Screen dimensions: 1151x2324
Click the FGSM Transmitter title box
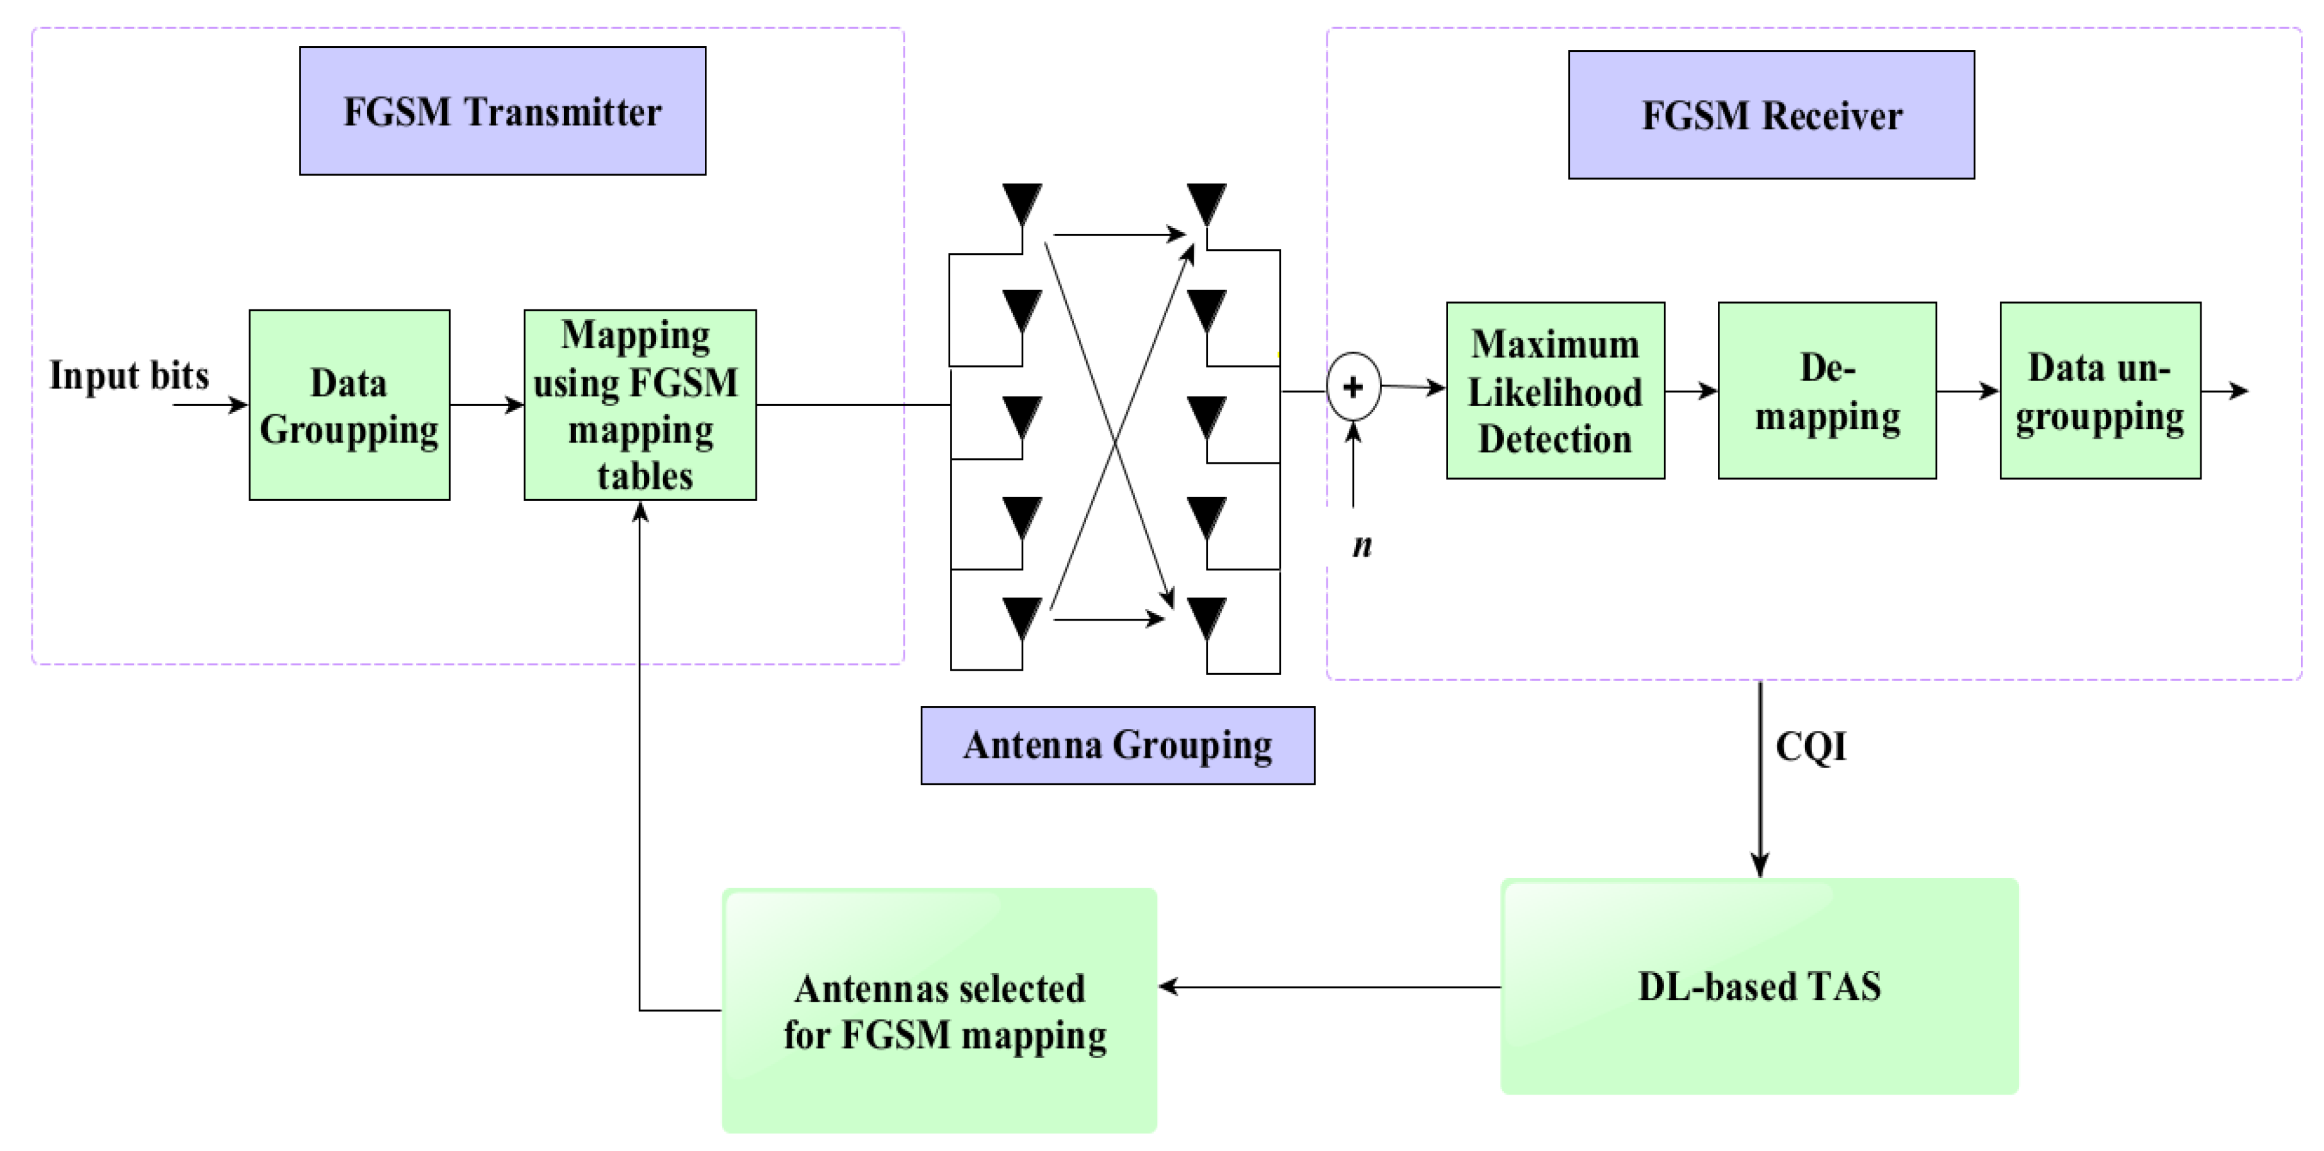pos(502,111)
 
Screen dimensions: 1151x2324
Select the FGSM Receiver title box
pos(1771,115)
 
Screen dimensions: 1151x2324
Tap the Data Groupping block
pos(349,405)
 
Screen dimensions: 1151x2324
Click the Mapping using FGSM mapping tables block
pos(639,405)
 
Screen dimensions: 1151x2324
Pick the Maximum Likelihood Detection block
pos(1555,391)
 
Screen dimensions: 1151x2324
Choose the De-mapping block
pos(1827,391)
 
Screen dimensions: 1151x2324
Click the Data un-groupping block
pos(2099,391)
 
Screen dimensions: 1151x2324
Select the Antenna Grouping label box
pos(1117,745)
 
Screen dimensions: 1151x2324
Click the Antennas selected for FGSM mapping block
pos(939,1010)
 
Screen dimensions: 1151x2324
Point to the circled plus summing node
pos(1353,387)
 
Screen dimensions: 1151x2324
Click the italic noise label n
pos(1362,546)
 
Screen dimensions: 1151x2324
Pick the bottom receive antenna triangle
pos(1206,617)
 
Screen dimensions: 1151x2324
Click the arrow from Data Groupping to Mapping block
pos(487,405)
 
